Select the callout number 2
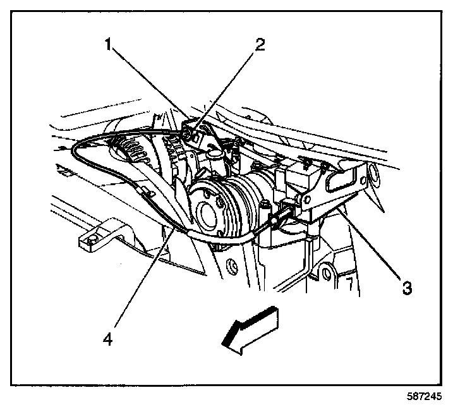click(x=260, y=46)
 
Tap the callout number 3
click(x=407, y=289)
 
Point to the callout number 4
click(x=109, y=339)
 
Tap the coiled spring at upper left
click(x=130, y=152)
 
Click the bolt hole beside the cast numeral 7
click(x=326, y=274)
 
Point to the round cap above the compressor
click(x=214, y=152)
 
